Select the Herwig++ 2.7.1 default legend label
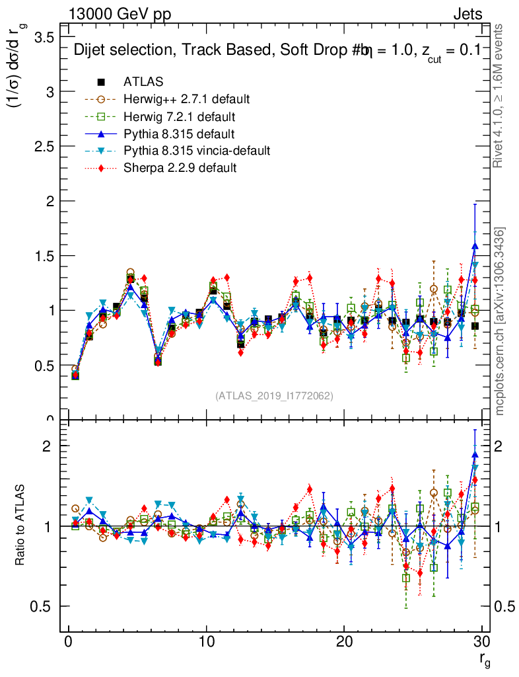[186, 99]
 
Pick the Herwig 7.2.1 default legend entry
[179, 116]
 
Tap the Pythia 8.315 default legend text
[179, 134]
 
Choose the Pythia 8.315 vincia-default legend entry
[197, 151]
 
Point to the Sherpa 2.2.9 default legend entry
[180, 168]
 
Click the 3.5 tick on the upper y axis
[44, 37]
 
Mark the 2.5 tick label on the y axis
[44, 146]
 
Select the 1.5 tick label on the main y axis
[44, 255]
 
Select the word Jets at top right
[467, 14]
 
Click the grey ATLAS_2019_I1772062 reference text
[274, 395]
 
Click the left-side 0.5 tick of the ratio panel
[44, 606]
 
